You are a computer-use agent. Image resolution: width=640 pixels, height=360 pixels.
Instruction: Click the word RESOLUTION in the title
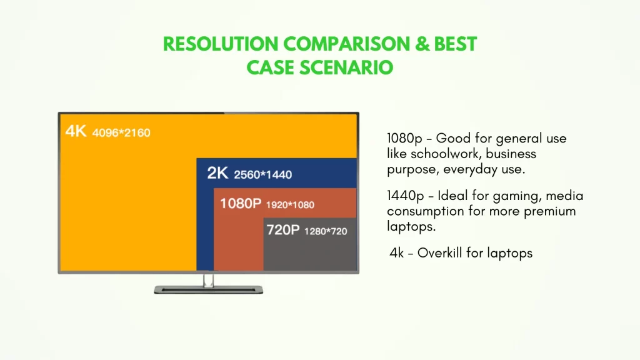coord(221,44)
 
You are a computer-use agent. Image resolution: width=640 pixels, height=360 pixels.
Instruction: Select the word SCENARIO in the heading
coord(346,67)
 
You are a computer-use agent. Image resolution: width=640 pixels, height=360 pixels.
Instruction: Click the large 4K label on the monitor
coord(76,131)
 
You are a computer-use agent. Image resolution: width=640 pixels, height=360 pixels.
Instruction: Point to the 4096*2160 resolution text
coord(121,132)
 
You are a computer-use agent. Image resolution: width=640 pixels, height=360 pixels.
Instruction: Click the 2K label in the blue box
coord(217,173)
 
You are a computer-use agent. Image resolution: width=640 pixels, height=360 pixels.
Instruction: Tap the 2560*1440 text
coord(263,175)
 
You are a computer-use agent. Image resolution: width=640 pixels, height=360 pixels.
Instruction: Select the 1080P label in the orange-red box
coord(241,203)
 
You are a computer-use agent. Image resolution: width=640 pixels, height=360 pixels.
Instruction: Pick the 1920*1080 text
coord(290,205)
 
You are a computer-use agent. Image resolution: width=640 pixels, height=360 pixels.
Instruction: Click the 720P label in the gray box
coord(283,230)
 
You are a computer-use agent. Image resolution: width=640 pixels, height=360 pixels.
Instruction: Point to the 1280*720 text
coord(326,231)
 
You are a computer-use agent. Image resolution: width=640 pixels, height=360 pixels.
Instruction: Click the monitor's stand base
coord(209,290)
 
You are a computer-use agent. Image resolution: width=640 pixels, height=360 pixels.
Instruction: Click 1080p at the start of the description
coord(404,138)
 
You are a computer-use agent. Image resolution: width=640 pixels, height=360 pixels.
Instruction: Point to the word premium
coord(550,212)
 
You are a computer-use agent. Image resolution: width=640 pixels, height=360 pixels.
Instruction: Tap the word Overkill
coord(440,253)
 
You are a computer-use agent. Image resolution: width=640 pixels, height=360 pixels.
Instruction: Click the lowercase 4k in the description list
coord(397,253)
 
